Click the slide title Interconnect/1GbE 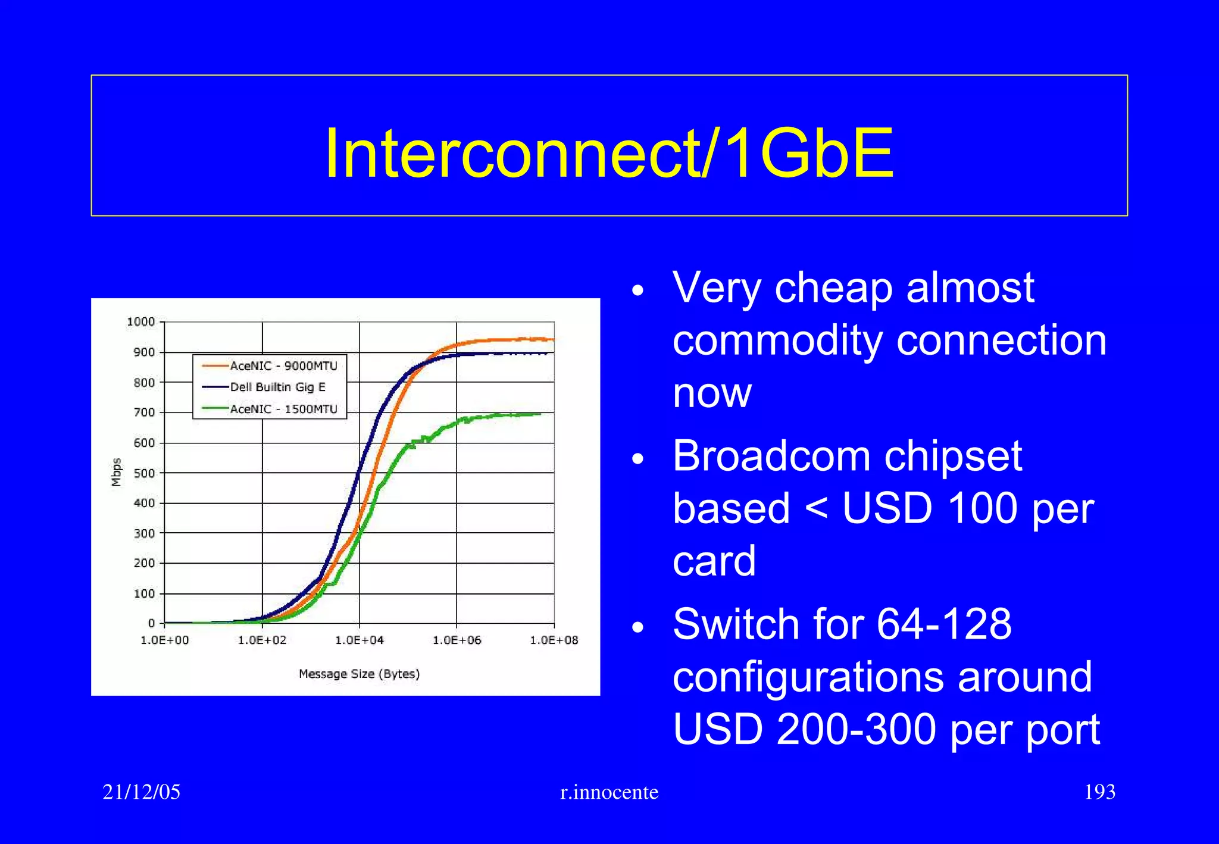click(x=609, y=153)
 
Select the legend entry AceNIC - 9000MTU click(x=283, y=365)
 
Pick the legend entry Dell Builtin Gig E click(x=277, y=387)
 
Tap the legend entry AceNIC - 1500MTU click(x=283, y=409)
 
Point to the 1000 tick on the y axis click(x=141, y=322)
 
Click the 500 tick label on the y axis click(x=144, y=473)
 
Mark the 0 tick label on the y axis click(x=151, y=623)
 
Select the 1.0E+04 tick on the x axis click(x=359, y=640)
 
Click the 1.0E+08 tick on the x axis click(x=554, y=640)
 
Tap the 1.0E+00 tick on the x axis click(x=165, y=640)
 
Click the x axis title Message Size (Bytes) click(x=359, y=674)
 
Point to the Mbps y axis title click(x=117, y=472)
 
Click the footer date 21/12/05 click(x=141, y=792)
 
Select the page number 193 click(x=1099, y=792)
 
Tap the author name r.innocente click(x=609, y=792)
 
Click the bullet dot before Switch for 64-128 click(x=638, y=627)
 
